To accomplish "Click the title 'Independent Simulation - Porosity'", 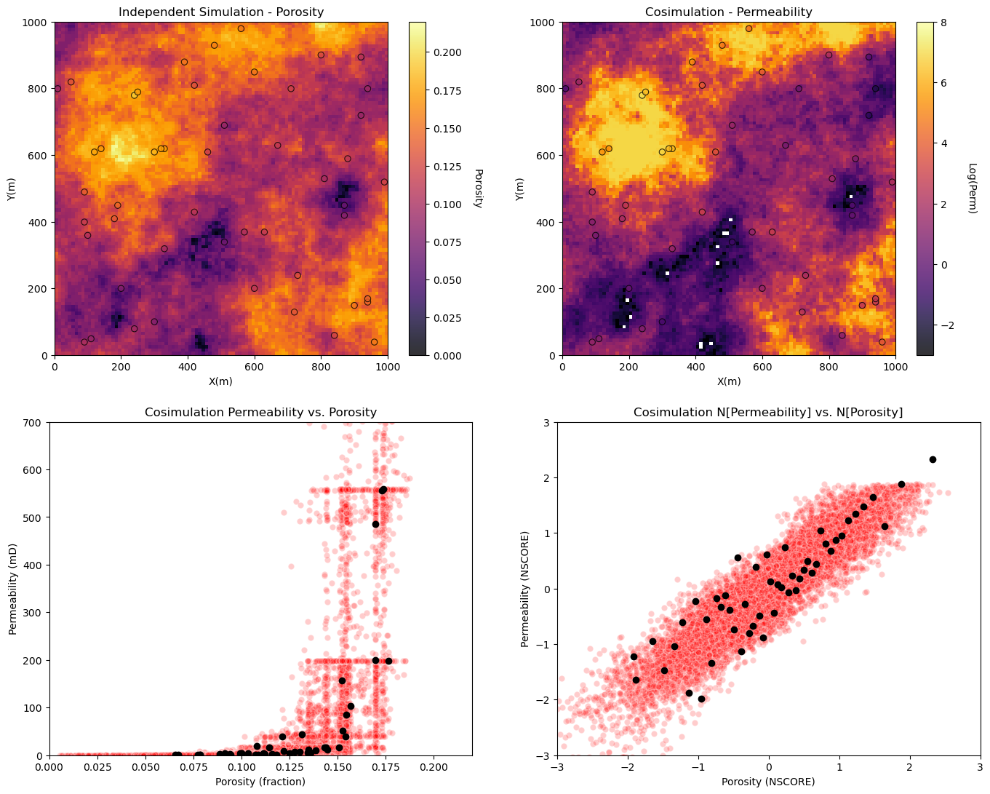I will coord(220,12).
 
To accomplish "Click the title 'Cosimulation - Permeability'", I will coord(728,12).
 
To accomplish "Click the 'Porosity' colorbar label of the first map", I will coord(478,188).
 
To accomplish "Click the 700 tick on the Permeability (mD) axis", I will coord(35,422).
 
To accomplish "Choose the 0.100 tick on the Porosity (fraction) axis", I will coord(241,768).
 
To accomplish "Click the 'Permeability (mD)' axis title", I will coord(13,589).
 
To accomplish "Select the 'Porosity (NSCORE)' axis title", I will coord(768,782).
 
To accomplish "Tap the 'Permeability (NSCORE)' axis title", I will coord(524,589).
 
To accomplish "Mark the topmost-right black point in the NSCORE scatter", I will coord(933,459).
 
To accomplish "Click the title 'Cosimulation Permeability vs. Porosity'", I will coord(260,412).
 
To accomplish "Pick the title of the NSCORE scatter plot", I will coord(768,412).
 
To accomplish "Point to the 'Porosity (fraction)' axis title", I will coord(260,782).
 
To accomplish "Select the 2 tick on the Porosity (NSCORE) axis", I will coord(910,768).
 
